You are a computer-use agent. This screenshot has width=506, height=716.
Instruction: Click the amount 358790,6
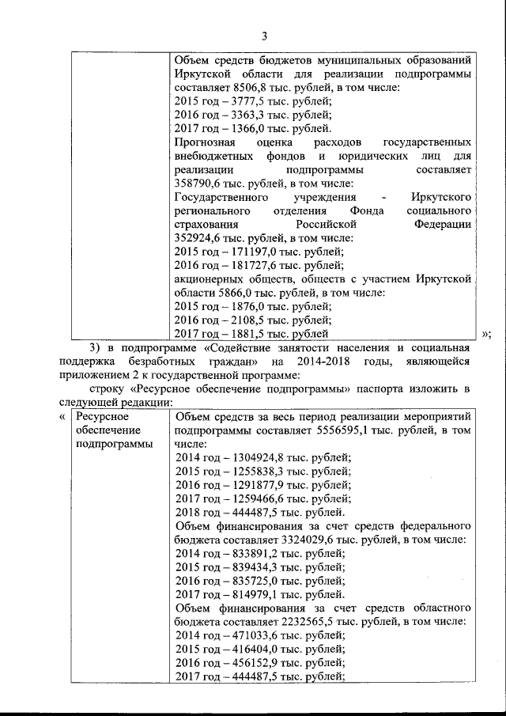click(x=198, y=184)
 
